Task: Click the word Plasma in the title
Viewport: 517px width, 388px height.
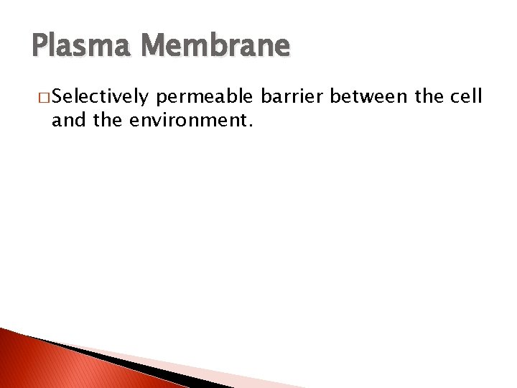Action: click(75, 46)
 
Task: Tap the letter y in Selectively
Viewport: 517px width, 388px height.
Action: click(144, 98)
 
